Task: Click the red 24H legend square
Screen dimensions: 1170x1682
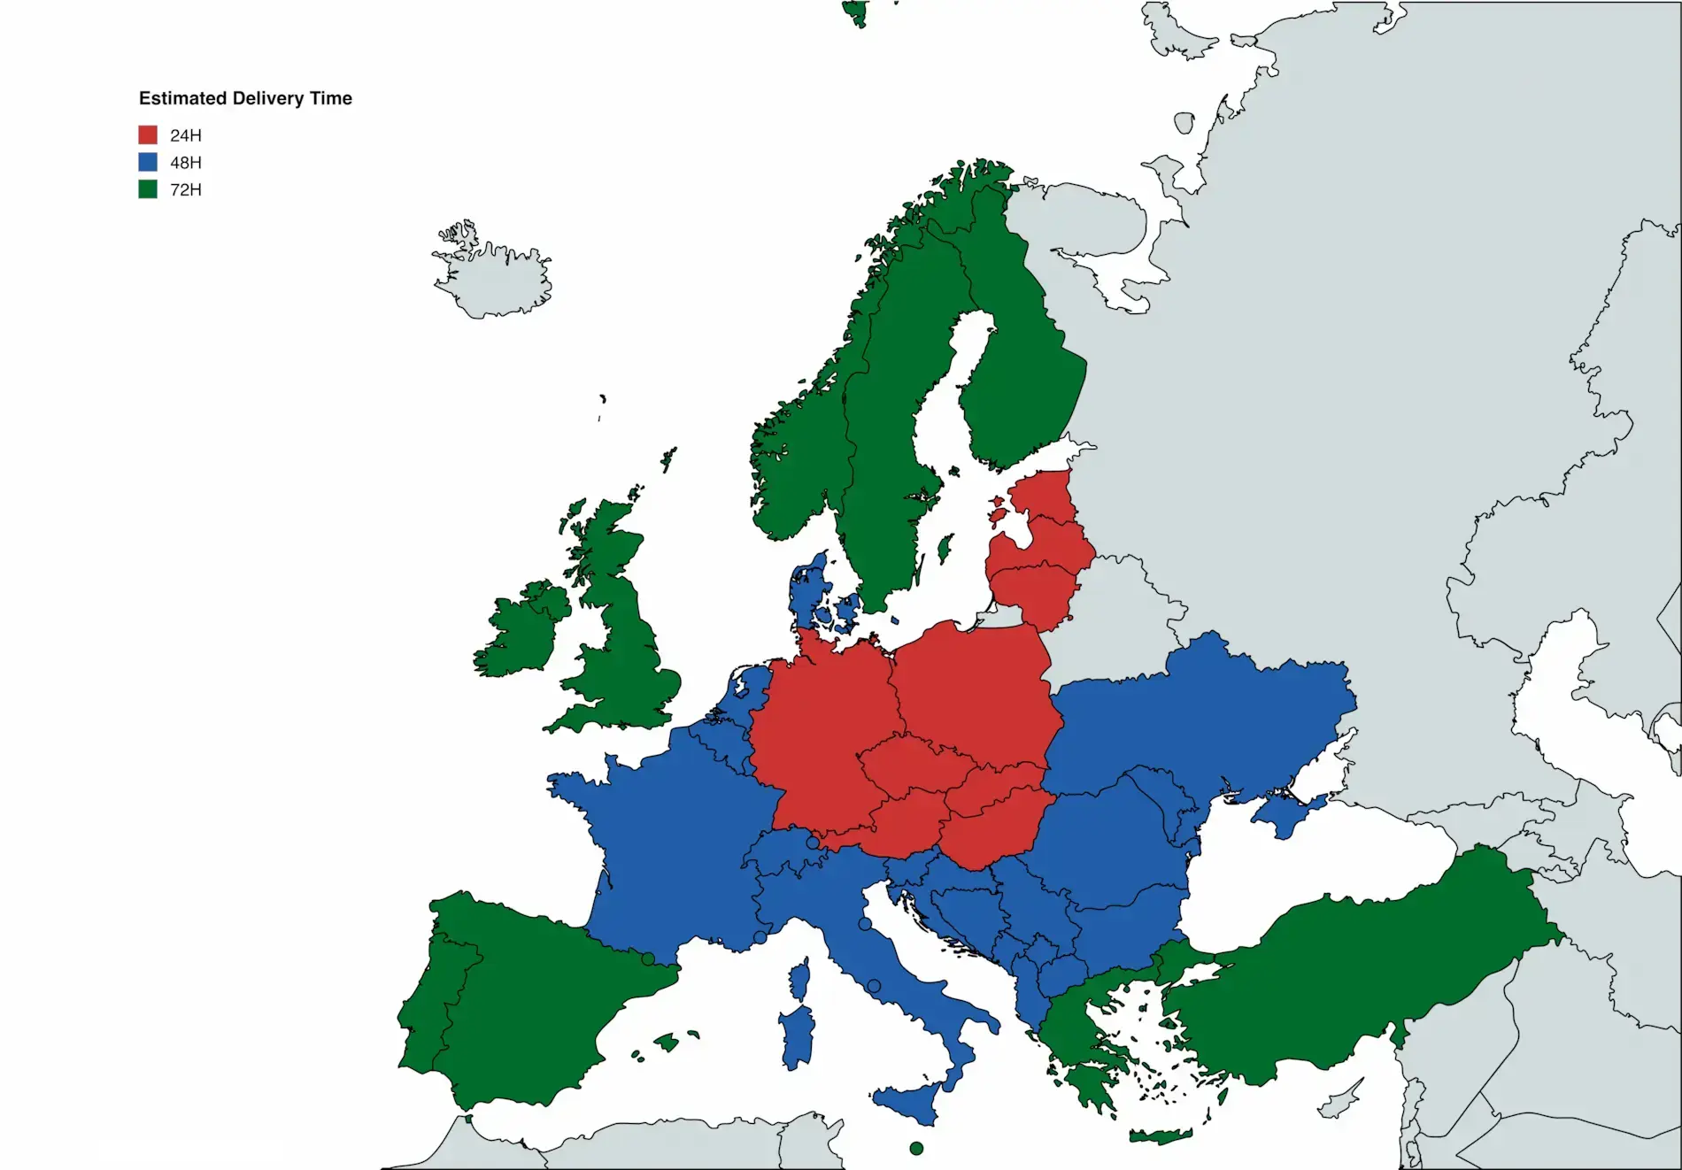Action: point(148,135)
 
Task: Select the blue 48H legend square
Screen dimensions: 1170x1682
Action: point(148,162)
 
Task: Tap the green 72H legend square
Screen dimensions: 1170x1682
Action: point(148,189)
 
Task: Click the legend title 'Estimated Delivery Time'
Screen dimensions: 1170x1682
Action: point(245,98)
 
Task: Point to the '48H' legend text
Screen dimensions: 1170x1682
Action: point(186,163)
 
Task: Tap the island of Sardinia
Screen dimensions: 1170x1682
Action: point(797,1035)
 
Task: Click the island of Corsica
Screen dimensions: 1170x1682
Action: point(799,981)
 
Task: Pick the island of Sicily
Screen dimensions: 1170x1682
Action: point(907,1102)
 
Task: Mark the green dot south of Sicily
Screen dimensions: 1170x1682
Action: point(916,1149)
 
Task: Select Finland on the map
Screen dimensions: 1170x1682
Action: point(1018,354)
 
